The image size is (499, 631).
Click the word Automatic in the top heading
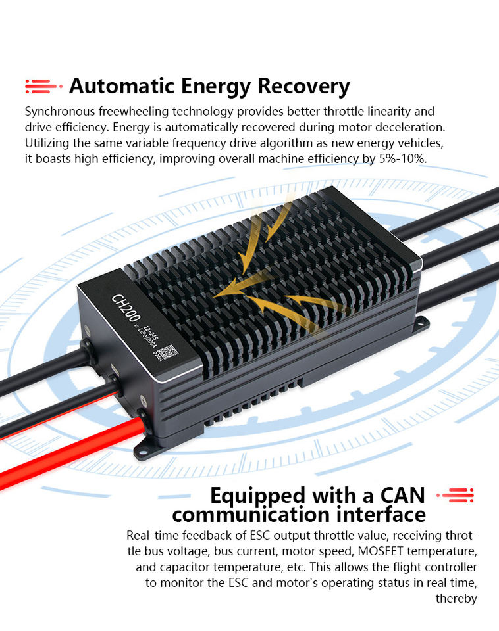(120, 86)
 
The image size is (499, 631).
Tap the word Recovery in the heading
(303, 86)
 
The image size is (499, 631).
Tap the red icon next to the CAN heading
(455, 496)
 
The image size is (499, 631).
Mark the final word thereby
(456, 598)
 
